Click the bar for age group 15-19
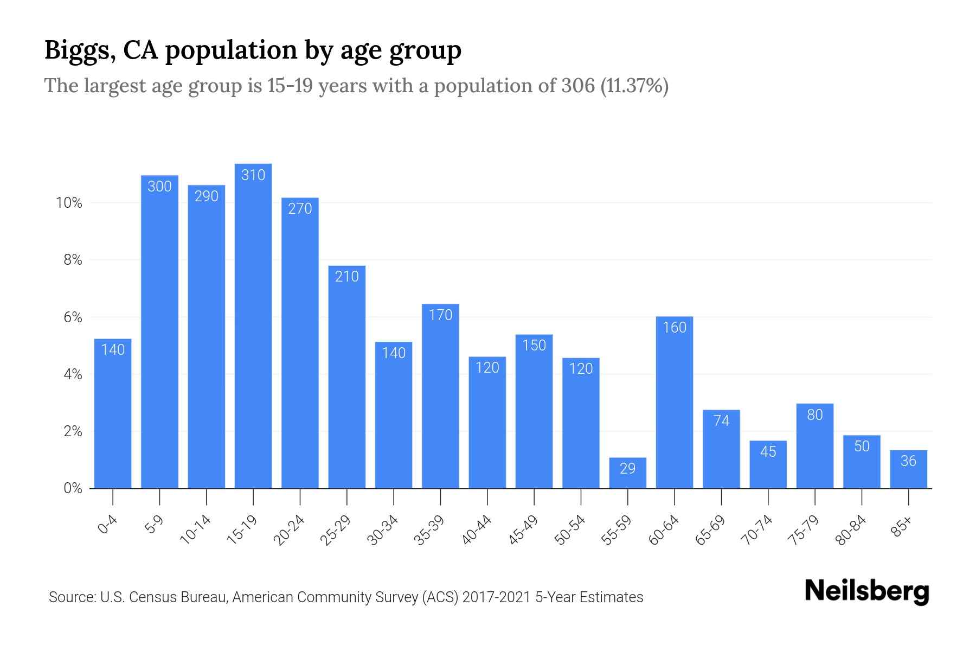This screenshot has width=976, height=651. coord(253,325)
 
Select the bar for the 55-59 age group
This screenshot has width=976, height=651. coord(627,473)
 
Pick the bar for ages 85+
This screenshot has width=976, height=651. coord(908,469)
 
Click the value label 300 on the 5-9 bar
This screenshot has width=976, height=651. coord(159,187)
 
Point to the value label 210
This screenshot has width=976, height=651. coord(346,277)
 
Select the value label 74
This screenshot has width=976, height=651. coord(721,421)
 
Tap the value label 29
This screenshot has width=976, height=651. coord(627,469)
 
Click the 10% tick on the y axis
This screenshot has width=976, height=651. coord(69,203)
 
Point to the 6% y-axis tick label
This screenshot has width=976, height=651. coord(73,317)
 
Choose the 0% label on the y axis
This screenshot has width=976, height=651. coord(73,489)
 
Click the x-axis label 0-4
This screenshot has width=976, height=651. coord(108,525)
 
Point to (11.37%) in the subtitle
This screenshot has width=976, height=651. coord(634,86)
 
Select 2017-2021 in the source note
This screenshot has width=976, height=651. coord(496,597)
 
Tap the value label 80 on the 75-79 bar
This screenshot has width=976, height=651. coord(814,415)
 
